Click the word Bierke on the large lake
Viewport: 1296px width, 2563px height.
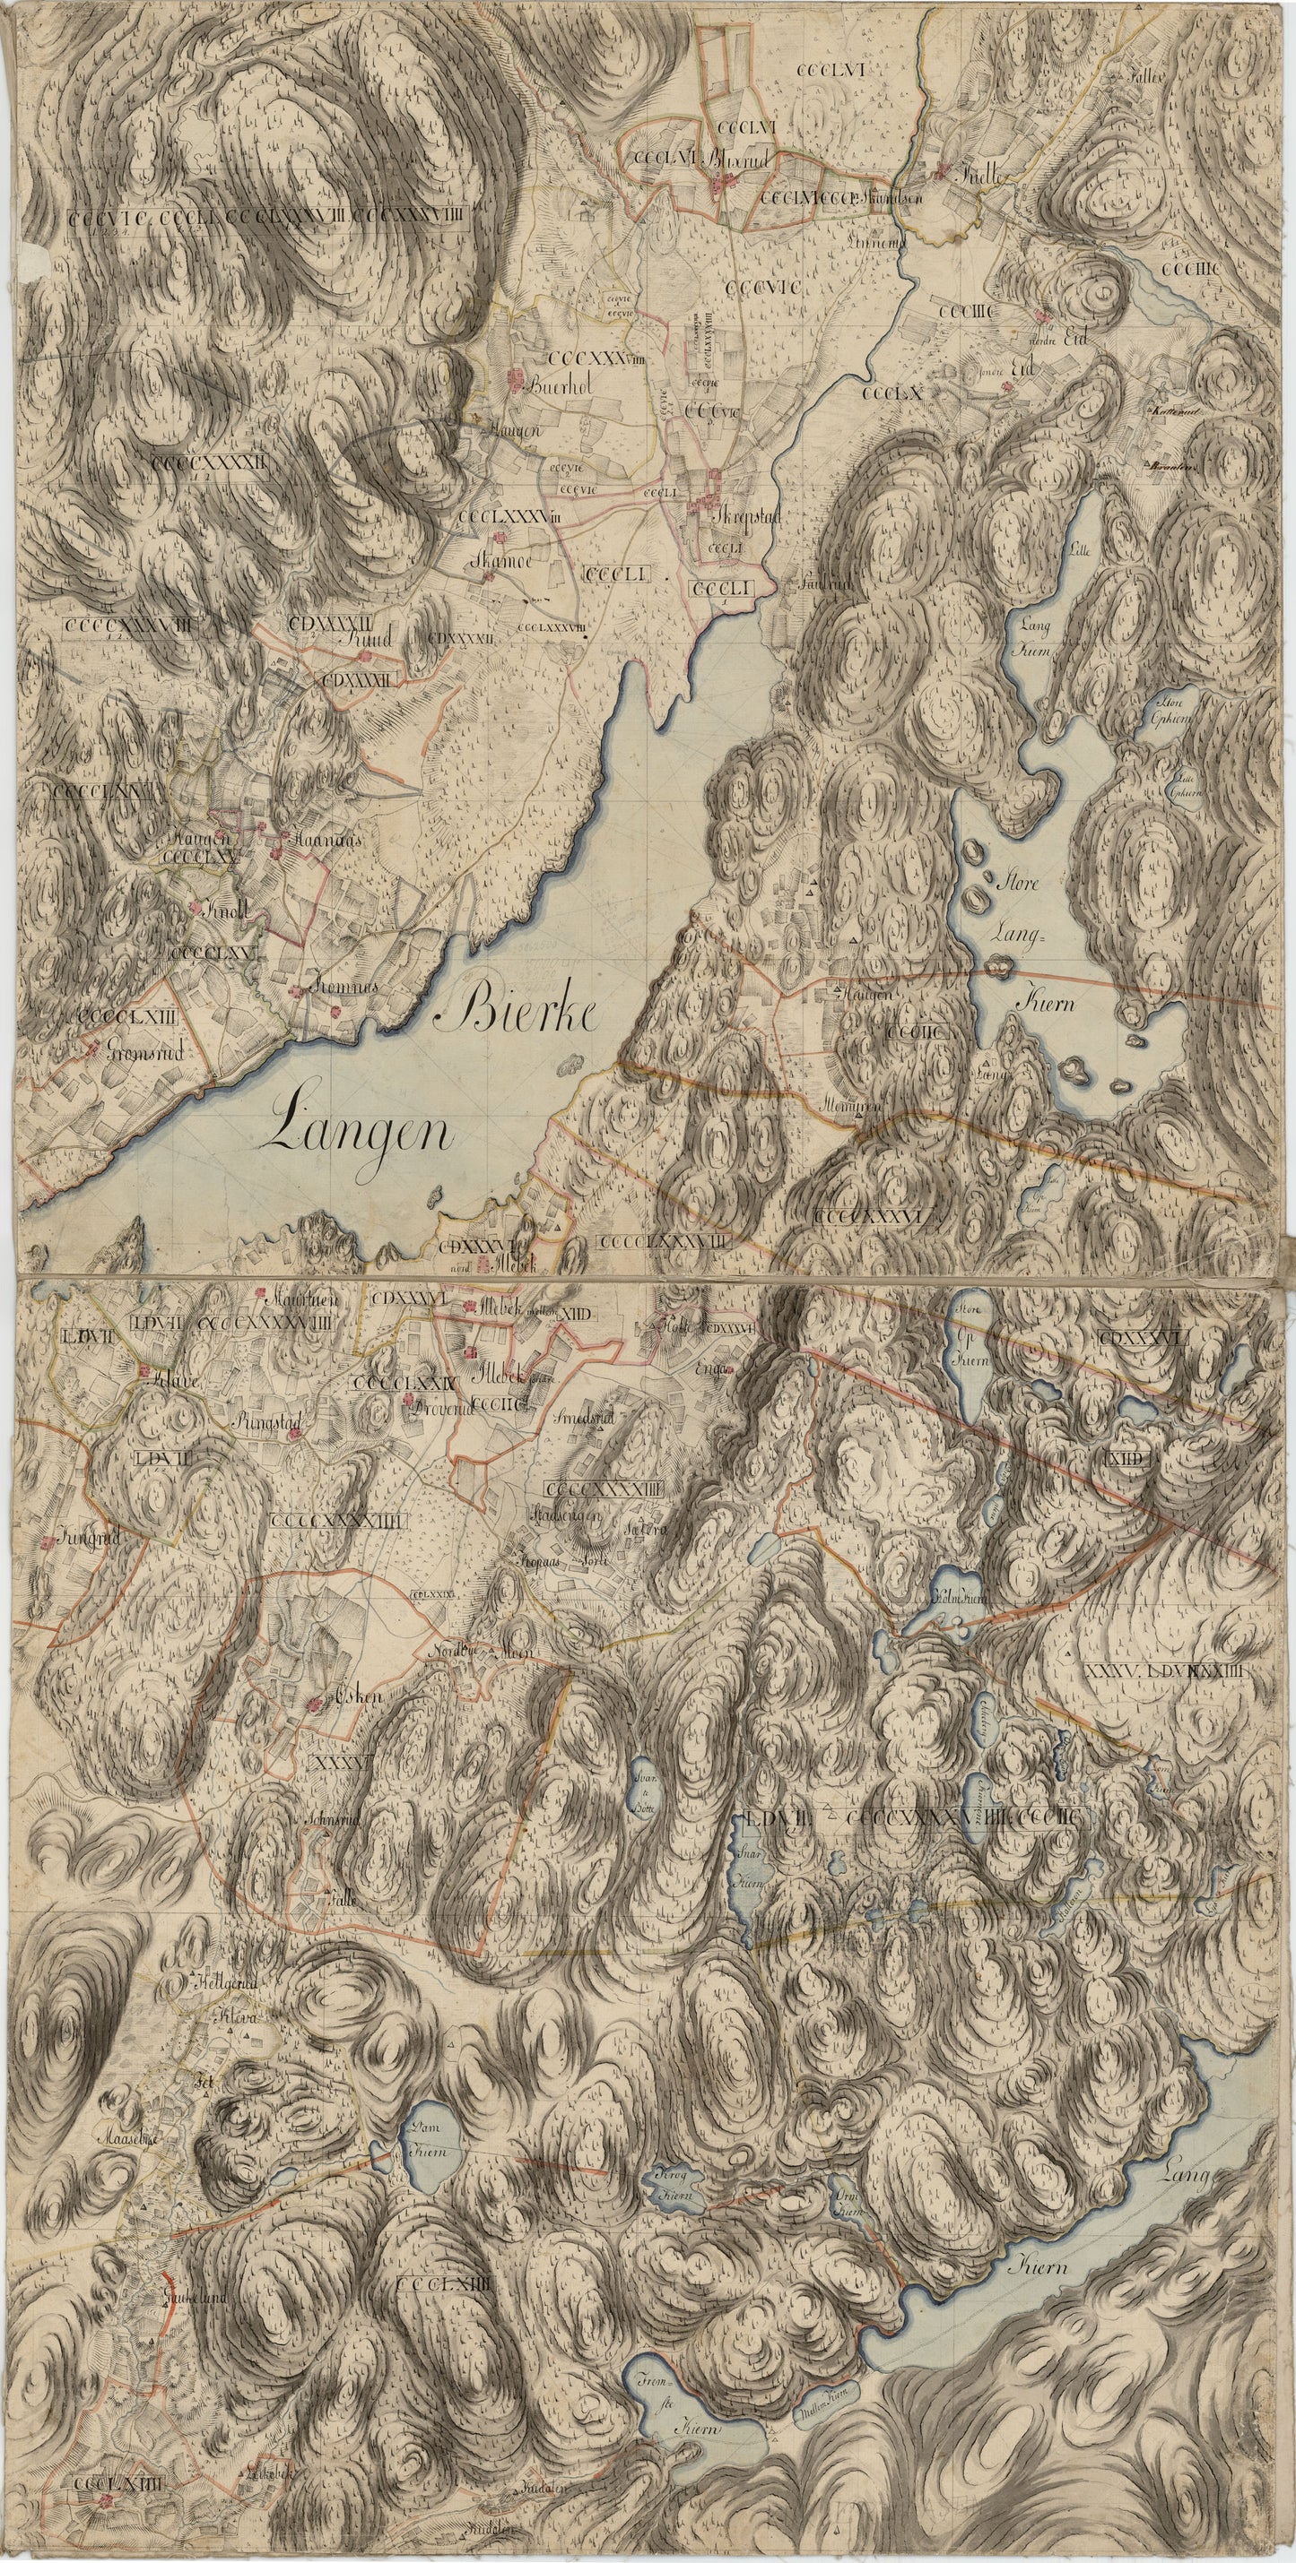[524, 1013]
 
